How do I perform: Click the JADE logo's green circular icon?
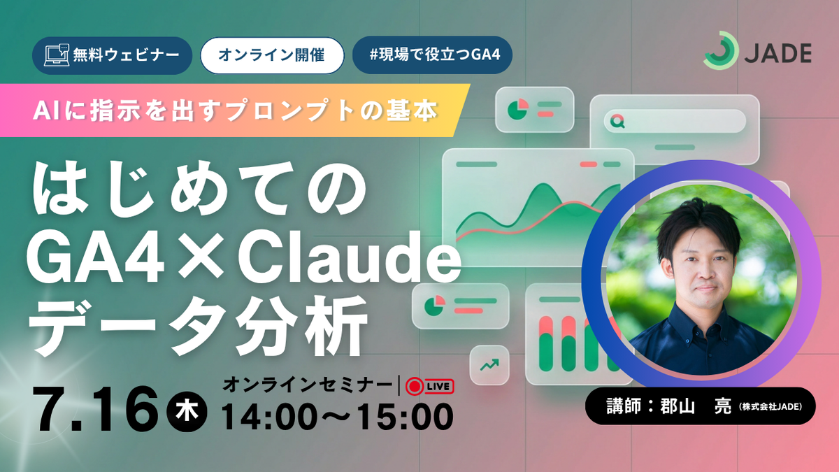pyautogui.click(x=720, y=50)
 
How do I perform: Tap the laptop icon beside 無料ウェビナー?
pyautogui.click(x=57, y=55)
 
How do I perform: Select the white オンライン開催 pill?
pyautogui.click(x=272, y=55)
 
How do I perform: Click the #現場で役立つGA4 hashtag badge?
pyautogui.click(x=432, y=55)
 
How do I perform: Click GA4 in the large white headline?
pyautogui.click(x=96, y=258)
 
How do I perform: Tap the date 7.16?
pyautogui.click(x=95, y=409)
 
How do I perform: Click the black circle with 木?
pyautogui.click(x=187, y=412)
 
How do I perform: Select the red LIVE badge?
pyautogui.click(x=430, y=387)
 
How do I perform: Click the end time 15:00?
pyautogui.click(x=405, y=417)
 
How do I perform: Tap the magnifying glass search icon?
pyautogui.click(x=617, y=121)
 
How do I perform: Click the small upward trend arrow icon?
pyautogui.click(x=489, y=364)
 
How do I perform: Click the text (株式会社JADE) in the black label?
pyautogui.click(x=770, y=407)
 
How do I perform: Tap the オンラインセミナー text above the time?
pyautogui.click(x=307, y=385)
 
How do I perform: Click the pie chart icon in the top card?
pyautogui.click(x=517, y=109)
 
